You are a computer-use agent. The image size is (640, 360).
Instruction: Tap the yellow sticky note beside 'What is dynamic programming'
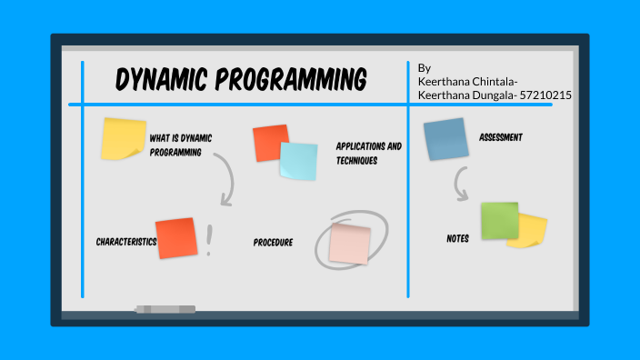coord(124,139)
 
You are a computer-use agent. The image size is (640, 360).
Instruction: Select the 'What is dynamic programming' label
coord(180,145)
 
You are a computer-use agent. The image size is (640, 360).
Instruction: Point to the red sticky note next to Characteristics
coord(176,238)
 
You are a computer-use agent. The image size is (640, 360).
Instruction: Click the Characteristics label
coord(125,242)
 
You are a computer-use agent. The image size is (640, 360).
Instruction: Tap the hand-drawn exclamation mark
coord(210,240)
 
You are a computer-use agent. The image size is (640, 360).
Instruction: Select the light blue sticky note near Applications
coord(298,161)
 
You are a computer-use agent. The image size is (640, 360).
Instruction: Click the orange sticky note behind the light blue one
coord(268,142)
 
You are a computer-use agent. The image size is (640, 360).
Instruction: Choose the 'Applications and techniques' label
coord(368,153)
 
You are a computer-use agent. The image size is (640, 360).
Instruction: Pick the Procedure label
coord(273,243)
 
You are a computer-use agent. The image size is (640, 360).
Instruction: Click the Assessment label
coord(501,137)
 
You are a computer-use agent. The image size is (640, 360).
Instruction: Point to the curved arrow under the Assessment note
coord(461,186)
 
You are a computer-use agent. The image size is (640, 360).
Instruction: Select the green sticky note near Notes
coord(499,220)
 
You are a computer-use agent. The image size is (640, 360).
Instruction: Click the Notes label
coord(458,238)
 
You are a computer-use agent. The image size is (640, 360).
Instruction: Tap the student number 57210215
coord(545,95)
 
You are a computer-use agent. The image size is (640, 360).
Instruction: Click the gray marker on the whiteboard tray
coord(165,310)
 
